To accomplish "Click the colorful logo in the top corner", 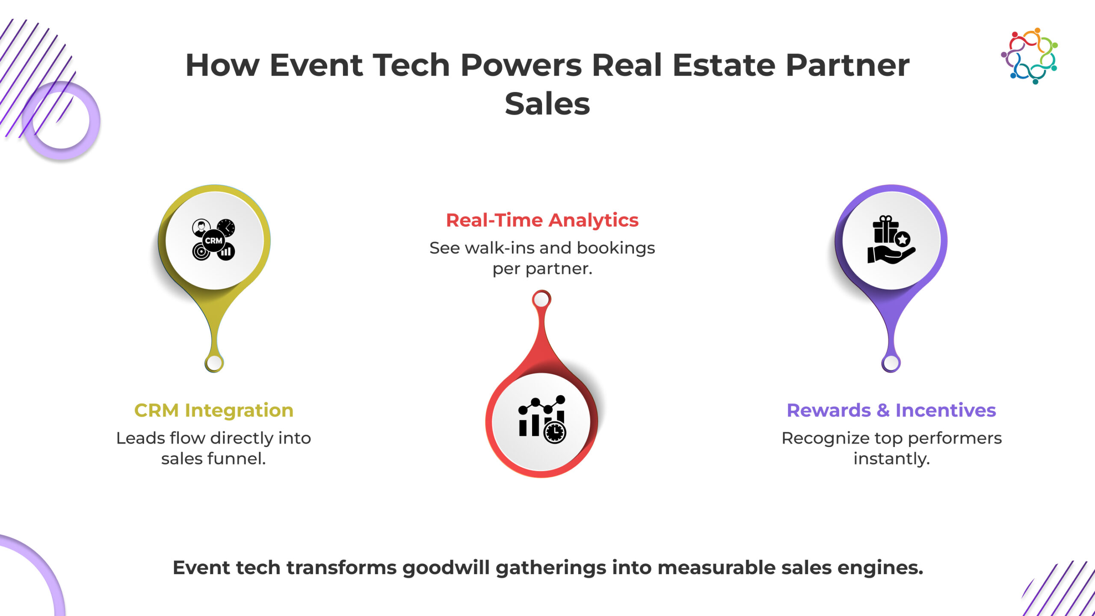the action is pos(1029,56).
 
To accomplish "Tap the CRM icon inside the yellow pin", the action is pos(213,240).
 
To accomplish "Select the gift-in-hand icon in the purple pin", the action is pos(891,240).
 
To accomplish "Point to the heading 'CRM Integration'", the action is pos(214,410).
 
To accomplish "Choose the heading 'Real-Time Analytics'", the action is pos(542,220).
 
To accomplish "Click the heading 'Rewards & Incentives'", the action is pos(891,410).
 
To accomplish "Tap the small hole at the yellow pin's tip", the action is pos(214,363).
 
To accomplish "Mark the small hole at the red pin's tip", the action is pos(542,299).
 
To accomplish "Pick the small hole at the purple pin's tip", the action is pos(891,363).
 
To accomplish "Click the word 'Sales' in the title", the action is pos(547,104).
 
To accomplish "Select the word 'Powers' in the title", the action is pos(521,65).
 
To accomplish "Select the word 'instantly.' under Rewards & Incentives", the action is pos(892,459).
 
